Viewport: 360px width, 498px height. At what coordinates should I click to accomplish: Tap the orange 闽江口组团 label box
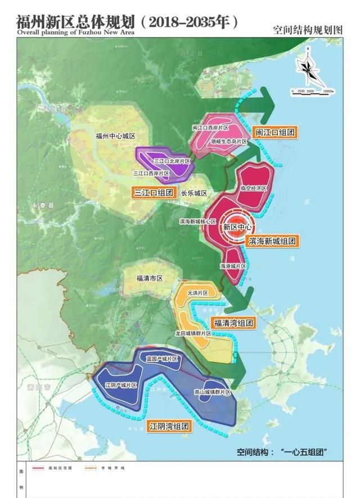click(x=274, y=133)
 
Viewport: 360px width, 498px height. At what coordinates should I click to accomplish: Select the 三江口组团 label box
click(x=154, y=192)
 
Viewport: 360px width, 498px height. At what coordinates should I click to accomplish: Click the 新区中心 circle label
click(x=237, y=228)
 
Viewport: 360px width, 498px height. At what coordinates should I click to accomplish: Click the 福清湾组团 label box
click(x=232, y=323)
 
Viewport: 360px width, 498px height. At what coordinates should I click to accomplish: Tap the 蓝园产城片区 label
click(x=161, y=359)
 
